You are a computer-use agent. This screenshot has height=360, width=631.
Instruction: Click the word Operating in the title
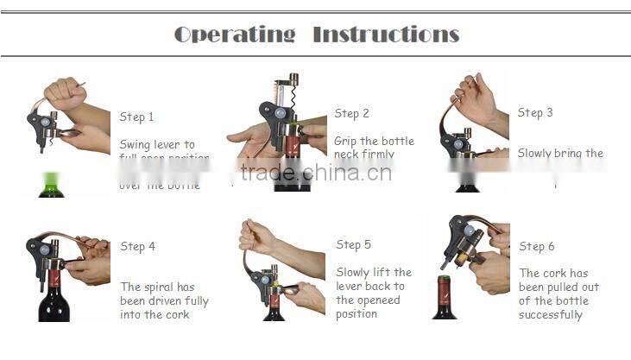(235, 35)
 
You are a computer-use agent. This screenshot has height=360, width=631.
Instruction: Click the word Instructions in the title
(385, 35)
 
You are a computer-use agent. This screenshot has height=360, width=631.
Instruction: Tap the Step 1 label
(137, 117)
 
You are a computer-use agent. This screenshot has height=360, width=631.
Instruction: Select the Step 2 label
(352, 113)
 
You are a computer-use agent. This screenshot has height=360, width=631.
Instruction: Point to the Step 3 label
(535, 112)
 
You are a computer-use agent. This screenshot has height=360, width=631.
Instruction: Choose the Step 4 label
(138, 246)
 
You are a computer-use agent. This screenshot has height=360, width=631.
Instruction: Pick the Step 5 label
(354, 244)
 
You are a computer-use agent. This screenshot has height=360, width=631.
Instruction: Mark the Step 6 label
(537, 246)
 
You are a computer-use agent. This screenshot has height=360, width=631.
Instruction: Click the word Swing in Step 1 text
(135, 144)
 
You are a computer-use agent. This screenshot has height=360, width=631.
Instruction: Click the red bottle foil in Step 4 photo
(54, 278)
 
